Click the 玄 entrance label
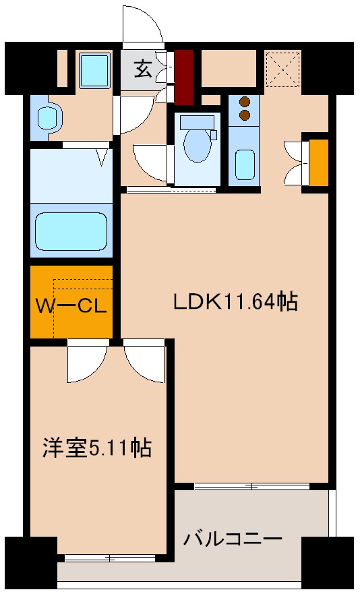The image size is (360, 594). pyautogui.click(x=142, y=68)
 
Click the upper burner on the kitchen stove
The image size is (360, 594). pyautogui.click(x=245, y=102)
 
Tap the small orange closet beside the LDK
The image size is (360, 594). pyautogui.click(x=318, y=162)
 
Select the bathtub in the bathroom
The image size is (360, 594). pyautogui.click(x=71, y=233)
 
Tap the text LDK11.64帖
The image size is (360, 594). pyautogui.click(x=235, y=302)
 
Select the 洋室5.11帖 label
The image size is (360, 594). pyautogui.click(x=96, y=447)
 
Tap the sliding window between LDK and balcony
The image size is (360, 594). pyautogui.click(x=251, y=485)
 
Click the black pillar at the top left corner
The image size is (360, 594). pyautogui.click(x=29, y=67)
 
